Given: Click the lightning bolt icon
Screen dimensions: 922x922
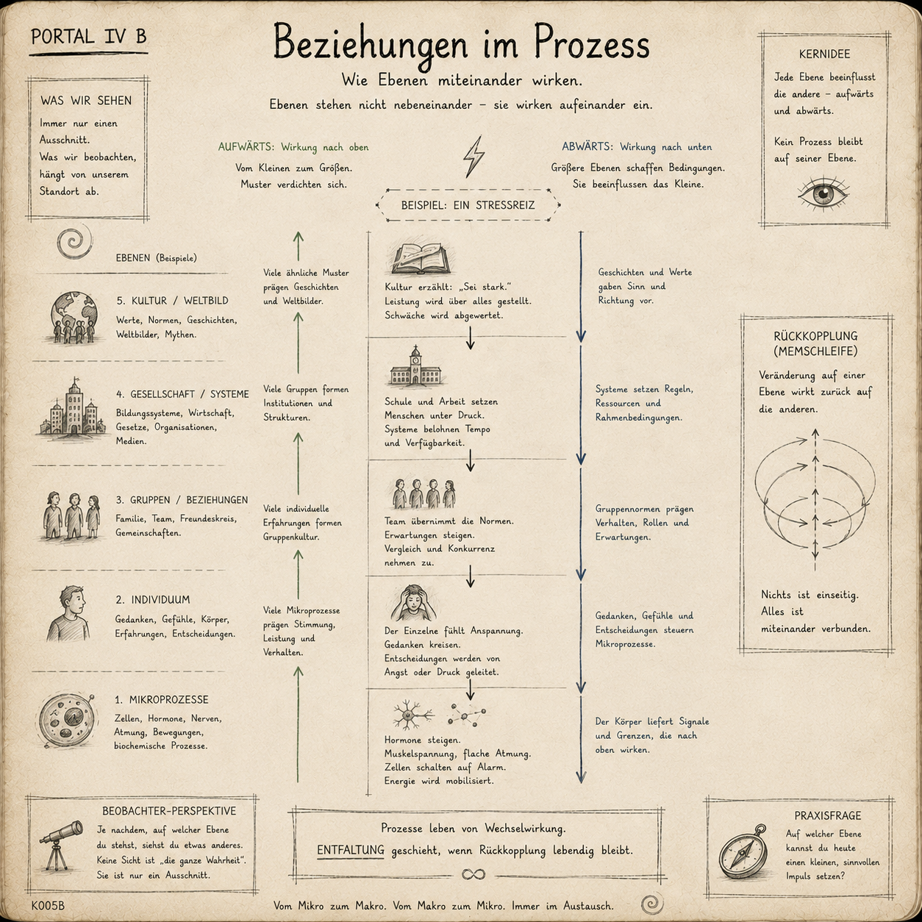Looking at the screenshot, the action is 473,157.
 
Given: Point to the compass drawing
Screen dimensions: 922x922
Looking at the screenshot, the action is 743,852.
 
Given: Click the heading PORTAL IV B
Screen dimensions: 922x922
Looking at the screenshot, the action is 88,36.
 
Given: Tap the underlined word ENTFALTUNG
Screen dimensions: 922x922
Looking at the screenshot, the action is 350,850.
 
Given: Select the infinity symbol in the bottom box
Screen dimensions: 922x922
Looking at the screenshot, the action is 473,875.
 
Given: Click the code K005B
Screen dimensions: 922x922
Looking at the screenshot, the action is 48,906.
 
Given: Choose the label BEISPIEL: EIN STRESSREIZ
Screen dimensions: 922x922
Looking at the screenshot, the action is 468,205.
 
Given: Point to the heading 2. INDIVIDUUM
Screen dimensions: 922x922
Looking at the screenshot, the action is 153,599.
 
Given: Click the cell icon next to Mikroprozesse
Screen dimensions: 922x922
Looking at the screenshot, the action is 67,721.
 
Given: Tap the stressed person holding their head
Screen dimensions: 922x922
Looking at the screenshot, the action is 413,603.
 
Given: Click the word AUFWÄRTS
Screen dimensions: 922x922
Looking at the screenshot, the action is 246,147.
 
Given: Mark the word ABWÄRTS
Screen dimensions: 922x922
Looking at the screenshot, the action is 587,146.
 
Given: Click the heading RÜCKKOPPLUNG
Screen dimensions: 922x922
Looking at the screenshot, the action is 815,336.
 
